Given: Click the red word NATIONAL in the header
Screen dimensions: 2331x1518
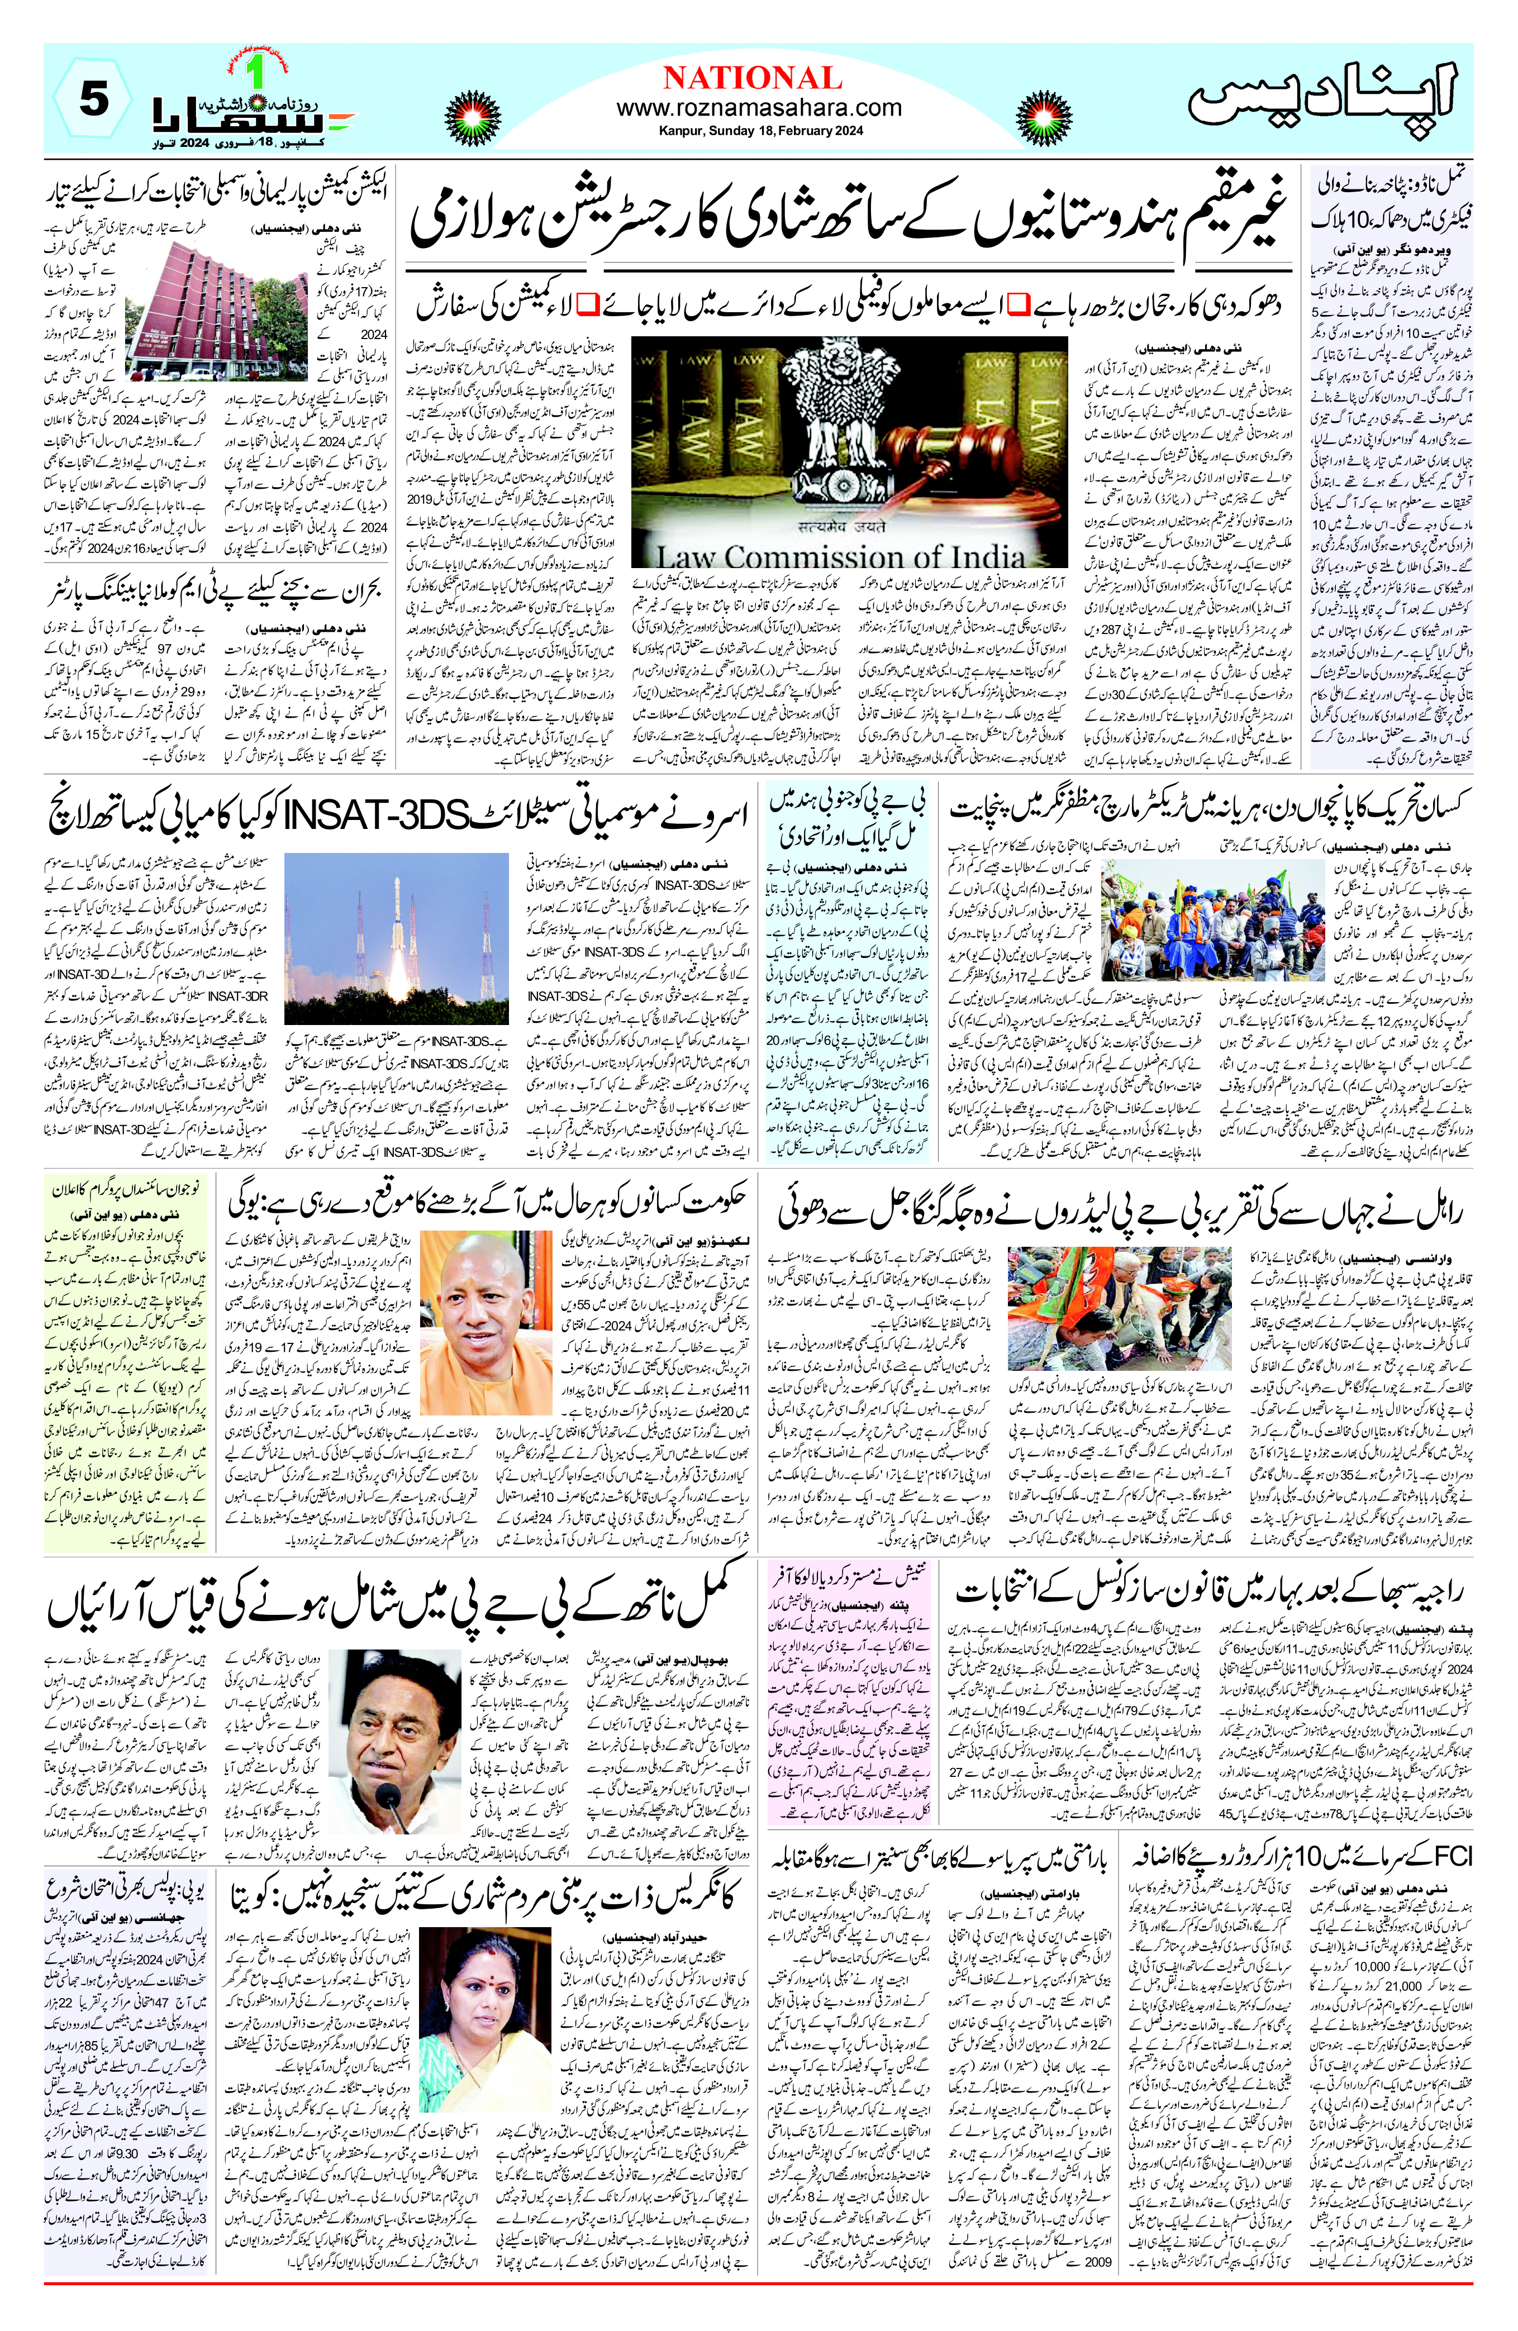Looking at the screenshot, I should click(x=752, y=78).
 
